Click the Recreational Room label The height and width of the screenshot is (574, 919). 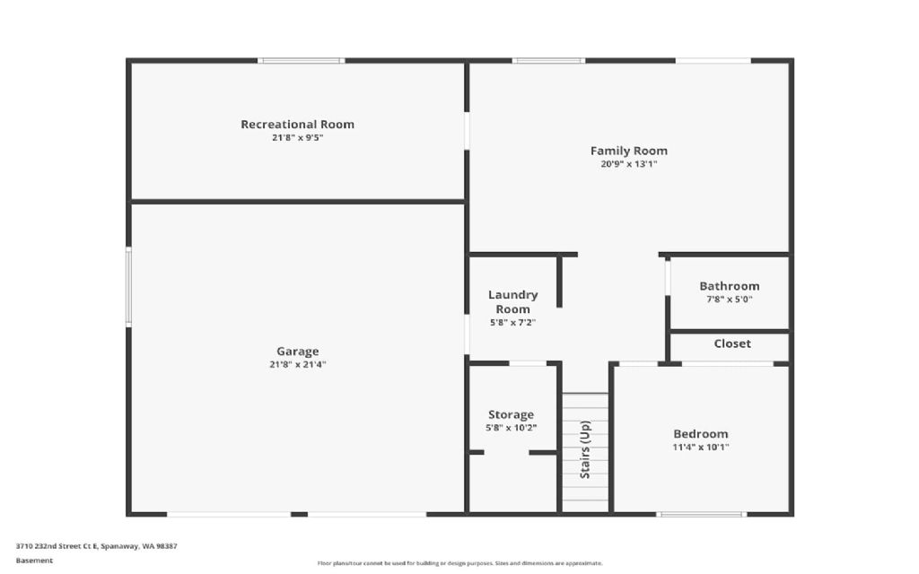pyautogui.click(x=297, y=124)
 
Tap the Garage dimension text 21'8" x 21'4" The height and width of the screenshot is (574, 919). pyautogui.click(x=298, y=364)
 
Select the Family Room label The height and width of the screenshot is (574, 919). pyautogui.click(x=629, y=151)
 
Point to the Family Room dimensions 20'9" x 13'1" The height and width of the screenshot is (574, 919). pyautogui.click(x=629, y=164)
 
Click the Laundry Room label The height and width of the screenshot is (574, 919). pyautogui.click(x=512, y=301)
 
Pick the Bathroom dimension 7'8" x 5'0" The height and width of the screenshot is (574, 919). pyautogui.click(x=729, y=300)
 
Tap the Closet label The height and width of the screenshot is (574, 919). pyautogui.click(x=732, y=344)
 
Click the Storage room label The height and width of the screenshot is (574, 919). pyautogui.click(x=511, y=414)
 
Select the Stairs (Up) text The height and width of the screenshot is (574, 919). pyautogui.click(x=585, y=449)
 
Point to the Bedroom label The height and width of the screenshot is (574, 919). pyautogui.click(x=700, y=434)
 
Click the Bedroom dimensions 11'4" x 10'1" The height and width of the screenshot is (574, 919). pyautogui.click(x=700, y=447)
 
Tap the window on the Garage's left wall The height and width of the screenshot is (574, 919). pyautogui.click(x=128, y=286)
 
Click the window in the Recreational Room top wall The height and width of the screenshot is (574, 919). pyautogui.click(x=302, y=60)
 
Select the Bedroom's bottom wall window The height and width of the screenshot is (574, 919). pyautogui.click(x=702, y=514)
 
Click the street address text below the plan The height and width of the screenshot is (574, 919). pyautogui.click(x=96, y=546)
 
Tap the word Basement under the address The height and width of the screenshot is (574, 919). pyautogui.click(x=34, y=561)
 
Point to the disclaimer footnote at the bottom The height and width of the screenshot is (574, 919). pyautogui.click(x=459, y=563)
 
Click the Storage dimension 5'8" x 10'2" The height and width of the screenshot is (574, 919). pyautogui.click(x=511, y=428)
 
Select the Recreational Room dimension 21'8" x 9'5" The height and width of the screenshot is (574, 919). pyautogui.click(x=298, y=137)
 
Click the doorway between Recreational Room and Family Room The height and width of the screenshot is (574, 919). pyautogui.click(x=467, y=131)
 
